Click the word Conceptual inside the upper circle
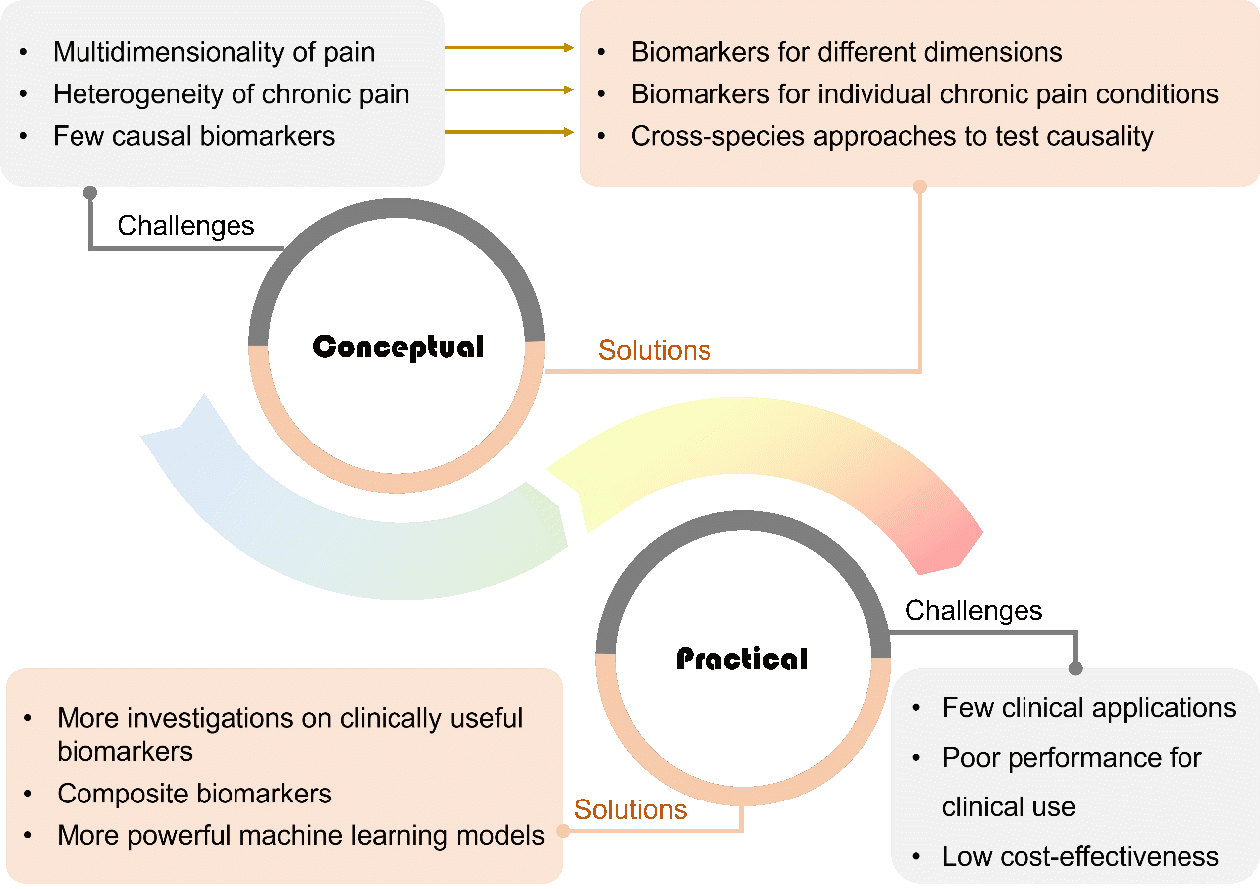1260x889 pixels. [x=397, y=347]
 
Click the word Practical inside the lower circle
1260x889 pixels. [x=741, y=658]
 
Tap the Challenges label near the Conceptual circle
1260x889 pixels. [x=186, y=226]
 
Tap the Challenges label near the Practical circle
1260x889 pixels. [x=974, y=610]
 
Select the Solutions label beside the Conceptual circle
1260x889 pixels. [x=654, y=350]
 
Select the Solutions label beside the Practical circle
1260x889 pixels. [x=631, y=809]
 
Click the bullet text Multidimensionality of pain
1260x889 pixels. [x=214, y=52]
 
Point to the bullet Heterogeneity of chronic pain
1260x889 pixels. [x=231, y=94]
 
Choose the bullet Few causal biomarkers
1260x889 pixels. [x=194, y=136]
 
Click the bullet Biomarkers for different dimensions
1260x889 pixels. [x=847, y=52]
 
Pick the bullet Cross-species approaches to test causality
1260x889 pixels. [x=891, y=136]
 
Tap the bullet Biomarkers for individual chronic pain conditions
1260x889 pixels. [x=924, y=94]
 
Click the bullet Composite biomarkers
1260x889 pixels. [x=194, y=794]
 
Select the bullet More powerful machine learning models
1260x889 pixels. [x=300, y=835]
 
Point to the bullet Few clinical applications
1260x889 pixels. [x=1089, y=708]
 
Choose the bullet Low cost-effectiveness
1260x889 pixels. [x=1080, y=856]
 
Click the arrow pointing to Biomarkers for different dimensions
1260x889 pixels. [x=510, y=47]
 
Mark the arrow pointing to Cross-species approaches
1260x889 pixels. [x=510, y=131]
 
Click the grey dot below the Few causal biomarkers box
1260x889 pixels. [x=90, y=191]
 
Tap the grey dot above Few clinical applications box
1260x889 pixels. [x=1075, y=669]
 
